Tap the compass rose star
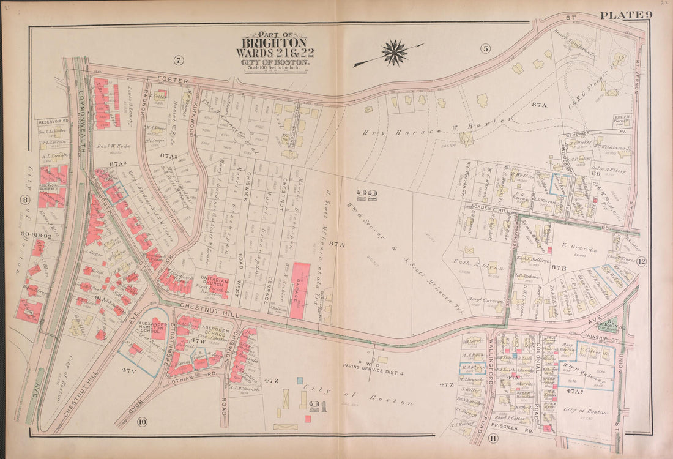[395, 53]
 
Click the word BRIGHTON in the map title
[273, 43]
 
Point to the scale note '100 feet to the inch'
[273, 67]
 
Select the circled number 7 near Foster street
[178, 60]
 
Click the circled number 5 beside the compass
[485, 48]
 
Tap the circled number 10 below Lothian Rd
[141, 421]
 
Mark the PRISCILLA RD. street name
[513, 430]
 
